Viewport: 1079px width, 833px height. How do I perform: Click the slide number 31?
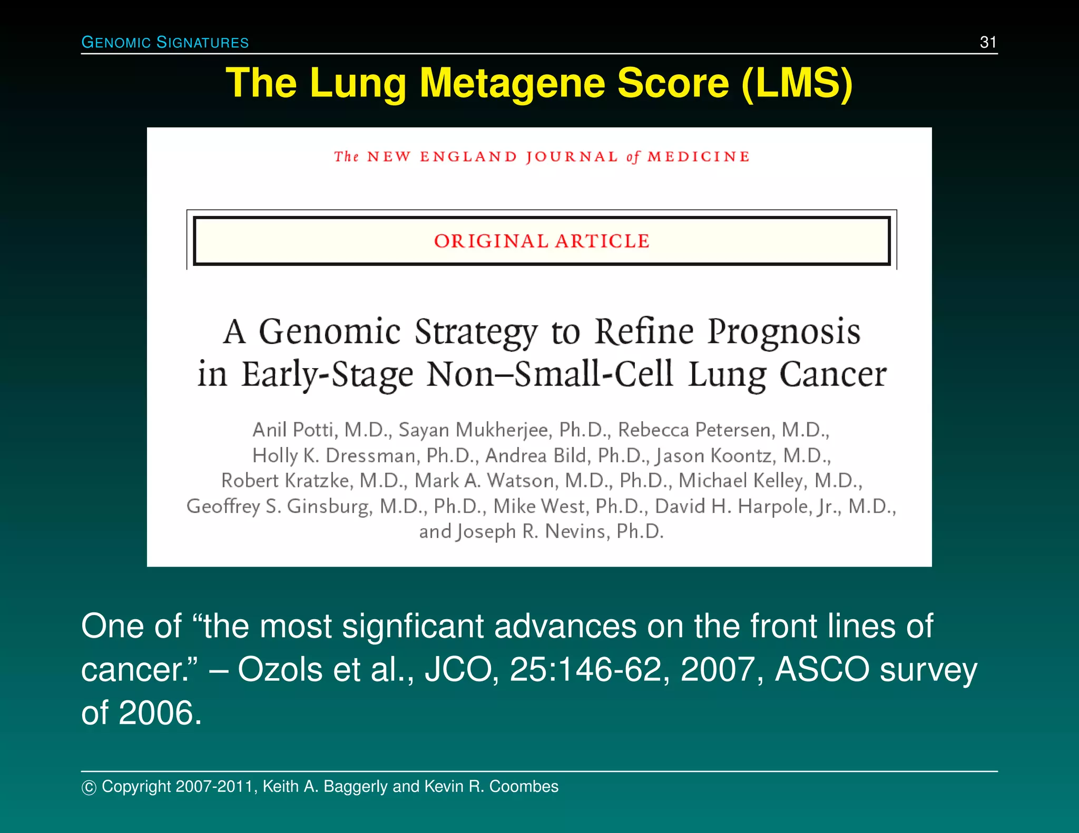[x=988, y=42]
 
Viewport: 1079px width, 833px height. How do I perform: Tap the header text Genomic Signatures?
[x=165, y=42]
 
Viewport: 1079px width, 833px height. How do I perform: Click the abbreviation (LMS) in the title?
[x=797, y=83]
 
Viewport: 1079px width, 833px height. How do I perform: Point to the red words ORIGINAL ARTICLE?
[x=542, y=241]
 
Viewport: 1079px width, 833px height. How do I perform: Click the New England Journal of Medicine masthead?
[x=542, y=157]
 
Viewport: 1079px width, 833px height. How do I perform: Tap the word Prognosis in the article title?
[x=784, y=332]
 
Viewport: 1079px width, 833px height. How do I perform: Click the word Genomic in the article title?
[x=330, y=332]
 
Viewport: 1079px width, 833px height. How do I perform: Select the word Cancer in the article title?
[x=833, y=375]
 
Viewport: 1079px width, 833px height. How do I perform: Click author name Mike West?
[x=538, y=506]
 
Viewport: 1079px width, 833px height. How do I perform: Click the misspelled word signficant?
[x=413, y=627]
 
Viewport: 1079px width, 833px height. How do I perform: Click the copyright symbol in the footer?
[x=89, y=787]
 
